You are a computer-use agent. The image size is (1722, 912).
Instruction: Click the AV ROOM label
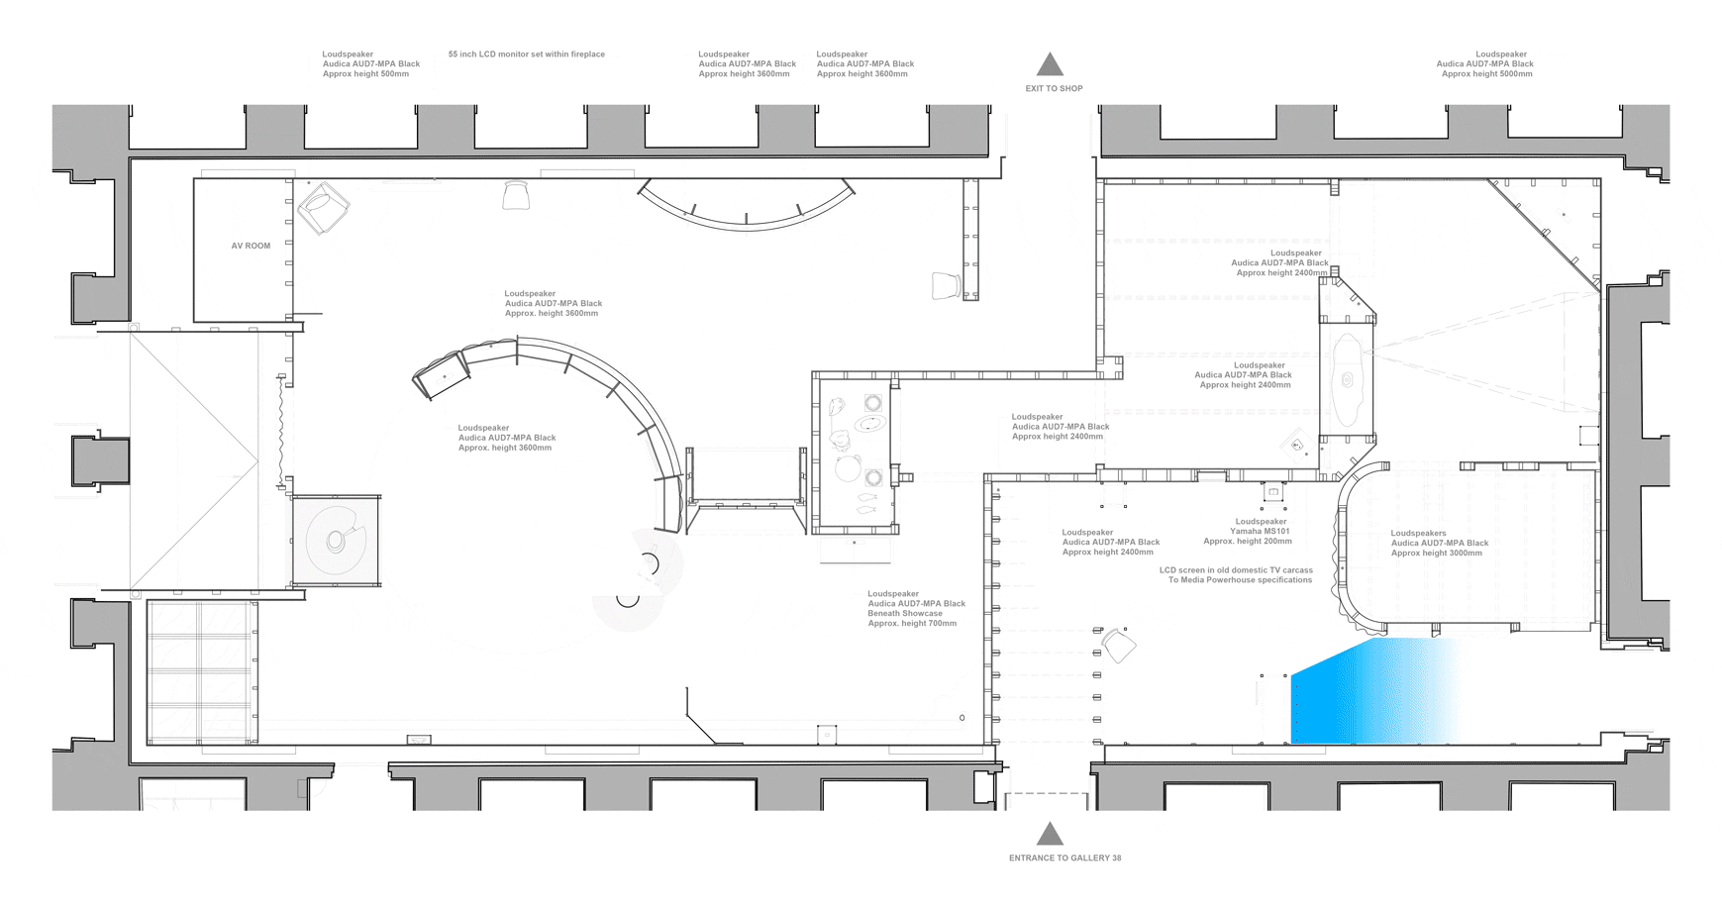pyautogui.click(x=251, y=246)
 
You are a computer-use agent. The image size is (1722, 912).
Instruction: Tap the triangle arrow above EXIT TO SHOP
pyautogui.click(x=1050, y=64)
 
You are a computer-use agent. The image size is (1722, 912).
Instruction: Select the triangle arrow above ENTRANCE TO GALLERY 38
pyautogui.click(x=1050, y=833)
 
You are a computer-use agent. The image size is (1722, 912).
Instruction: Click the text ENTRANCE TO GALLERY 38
pyautogui.click(x=1064, y=858)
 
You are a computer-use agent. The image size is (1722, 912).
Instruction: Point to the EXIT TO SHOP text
pyautogui.click(x=1054, y=88)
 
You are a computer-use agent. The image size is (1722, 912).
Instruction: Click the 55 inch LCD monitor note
pyautogui.click(x=526, y=54)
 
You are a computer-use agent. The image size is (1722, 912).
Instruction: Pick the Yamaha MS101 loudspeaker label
pyautogui.click(x=1248, y=532)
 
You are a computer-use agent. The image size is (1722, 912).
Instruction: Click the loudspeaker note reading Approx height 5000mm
pyautogui.click(x=1484, y=64)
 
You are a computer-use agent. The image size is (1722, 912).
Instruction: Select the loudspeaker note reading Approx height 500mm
pyautogui.click(x=370, y=64)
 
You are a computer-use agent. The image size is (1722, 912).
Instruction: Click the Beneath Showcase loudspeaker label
pyautogui.click(x=916, y=609)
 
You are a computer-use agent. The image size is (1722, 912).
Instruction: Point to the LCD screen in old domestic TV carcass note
pyautogui.click(x=1236, y=575)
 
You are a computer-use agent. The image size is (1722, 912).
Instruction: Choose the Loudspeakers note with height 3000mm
pyautogui.click(x=1439, y=543)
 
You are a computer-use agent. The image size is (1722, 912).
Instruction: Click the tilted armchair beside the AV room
pyautogui.click(x=323, y=208)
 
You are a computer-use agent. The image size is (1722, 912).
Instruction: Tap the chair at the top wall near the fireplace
pyautogui.click(x=516, y=196)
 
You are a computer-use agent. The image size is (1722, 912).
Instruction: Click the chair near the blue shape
pyautogui.click(x=1119, y=645)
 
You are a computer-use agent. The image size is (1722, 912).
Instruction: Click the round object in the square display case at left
pyautogui.click(x=336, y=540)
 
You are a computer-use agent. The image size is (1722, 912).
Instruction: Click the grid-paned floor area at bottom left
pyautogui.click(x=202, y=671)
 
